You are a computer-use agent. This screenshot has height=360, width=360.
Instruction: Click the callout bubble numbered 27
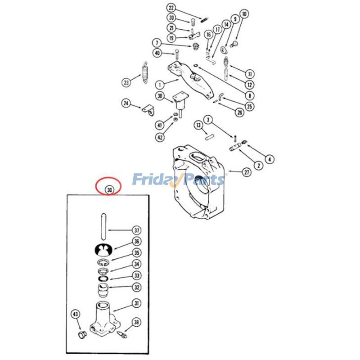tap(247, 172)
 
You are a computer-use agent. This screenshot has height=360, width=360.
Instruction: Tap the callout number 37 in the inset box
tap(137, 230)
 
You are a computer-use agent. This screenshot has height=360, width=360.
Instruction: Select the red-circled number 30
tap(109, 190)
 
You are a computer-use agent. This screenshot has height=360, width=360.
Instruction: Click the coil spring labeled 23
tap(145, 72)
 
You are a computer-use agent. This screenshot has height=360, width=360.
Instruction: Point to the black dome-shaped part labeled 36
tap(103, 250)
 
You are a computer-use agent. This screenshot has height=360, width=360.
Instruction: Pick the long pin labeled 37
tap(103, 227)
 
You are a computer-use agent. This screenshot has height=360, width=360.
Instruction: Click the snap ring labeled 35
tap(102, 263)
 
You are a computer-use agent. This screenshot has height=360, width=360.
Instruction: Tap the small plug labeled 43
tap(82, 335)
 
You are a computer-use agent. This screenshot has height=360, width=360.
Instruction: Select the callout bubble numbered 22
tap(171, 8)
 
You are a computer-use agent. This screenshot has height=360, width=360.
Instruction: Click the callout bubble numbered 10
tap(244, 14)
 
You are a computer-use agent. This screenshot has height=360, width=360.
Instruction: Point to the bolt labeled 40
tap(177, 54)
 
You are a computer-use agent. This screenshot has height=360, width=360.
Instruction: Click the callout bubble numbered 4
tap(270, 159)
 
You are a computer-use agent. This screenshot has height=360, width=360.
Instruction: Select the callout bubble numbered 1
tap(160, 85)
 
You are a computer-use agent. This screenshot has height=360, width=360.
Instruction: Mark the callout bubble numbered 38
tap(136, 322)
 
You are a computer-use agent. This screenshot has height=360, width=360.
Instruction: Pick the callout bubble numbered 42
tap(160, 137)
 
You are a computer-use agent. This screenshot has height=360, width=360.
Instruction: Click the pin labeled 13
tap(209, 137)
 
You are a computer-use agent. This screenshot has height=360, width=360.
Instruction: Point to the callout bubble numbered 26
tap(240, 112)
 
